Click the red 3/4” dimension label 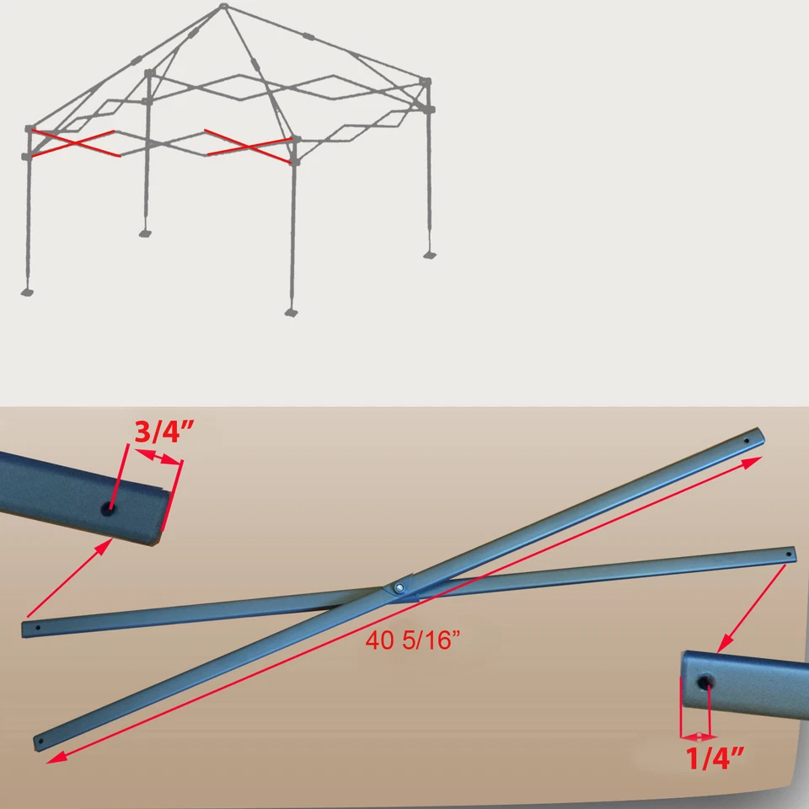point(164,431)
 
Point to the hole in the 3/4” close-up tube point(109,509)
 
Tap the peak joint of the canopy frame point(223,8)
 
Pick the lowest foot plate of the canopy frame point(292,313)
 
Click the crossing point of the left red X point(74,143)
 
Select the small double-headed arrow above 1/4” point(695,735)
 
